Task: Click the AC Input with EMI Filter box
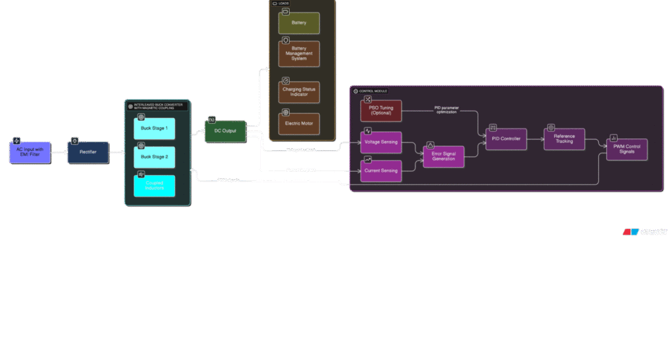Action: pyautogui.click(x=29, y=152)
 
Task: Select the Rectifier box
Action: pyautogui.click(x=88, y=152)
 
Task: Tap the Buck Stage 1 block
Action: pyautogui.click(x=155, y=129)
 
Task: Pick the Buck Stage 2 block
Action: pyautogui.click(x=155, y=157)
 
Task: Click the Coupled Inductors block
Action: pyautogui.click(x=155, y=186)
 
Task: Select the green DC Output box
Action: pyautogui.click(x=225, y=131)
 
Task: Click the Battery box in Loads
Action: pyautogui.click(x=299, y=23)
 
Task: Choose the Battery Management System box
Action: pyautogui.click(x=299, y=54)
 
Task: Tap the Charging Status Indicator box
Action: pyautogui.click(x=299, y=92)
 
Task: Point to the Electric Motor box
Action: pyautogui.click(x=299, y=123)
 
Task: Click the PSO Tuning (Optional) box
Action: pyautogui.click(x=381, y=110)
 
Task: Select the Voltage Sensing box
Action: pyautogui.click(x=381, y=142)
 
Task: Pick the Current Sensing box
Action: pyautogui.click(x=381, y=170)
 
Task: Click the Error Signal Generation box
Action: pyautogui.click(x=444, y=157)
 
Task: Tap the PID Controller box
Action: pyautogui.click(x=506, y=139)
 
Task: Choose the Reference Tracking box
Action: pyautogui.click(x=564, y=139)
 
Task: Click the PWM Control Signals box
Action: pyautogui.click(x=626, y=150)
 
